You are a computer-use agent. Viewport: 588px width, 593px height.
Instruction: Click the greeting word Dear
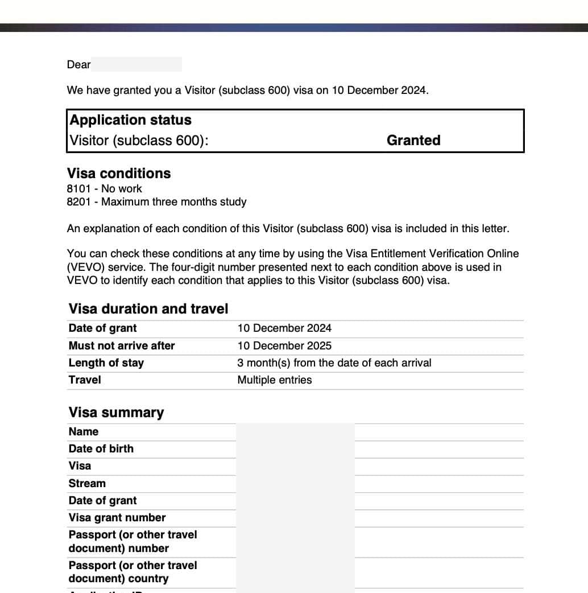pos(78,64)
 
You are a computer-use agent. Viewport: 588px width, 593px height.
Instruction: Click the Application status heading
pos(130,120)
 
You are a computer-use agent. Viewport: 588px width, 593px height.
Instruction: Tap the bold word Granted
pos(413,141)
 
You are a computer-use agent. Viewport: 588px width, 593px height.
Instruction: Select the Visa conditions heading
pos(119,174)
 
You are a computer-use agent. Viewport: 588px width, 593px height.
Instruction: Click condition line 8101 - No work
pos(104,188)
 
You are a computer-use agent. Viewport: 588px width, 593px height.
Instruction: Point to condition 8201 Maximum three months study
pos(156,201)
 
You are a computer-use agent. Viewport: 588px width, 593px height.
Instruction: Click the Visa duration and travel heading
pos(148,309)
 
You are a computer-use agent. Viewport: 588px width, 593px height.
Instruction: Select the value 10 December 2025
pos(284,345)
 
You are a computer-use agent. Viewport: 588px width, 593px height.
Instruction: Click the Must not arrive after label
pos(122,345)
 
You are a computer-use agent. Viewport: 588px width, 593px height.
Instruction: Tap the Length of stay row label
pos(106,363)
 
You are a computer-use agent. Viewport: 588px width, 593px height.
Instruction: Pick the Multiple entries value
pos(275,380)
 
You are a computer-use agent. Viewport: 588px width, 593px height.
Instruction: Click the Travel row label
pos(85,380)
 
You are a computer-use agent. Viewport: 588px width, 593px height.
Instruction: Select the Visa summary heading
pos(116,413)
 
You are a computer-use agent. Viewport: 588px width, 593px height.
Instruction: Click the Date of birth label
pos(101,448)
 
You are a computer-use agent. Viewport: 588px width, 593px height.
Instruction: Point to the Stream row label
pos(87,483)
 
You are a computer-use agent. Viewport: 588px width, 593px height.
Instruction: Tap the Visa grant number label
pos(117,517)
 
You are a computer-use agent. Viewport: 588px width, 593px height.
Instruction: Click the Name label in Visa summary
pos(84,431)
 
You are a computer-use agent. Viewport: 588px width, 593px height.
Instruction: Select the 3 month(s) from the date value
pos(334,363)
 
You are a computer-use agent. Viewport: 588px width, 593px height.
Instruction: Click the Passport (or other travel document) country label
pos(132,572)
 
